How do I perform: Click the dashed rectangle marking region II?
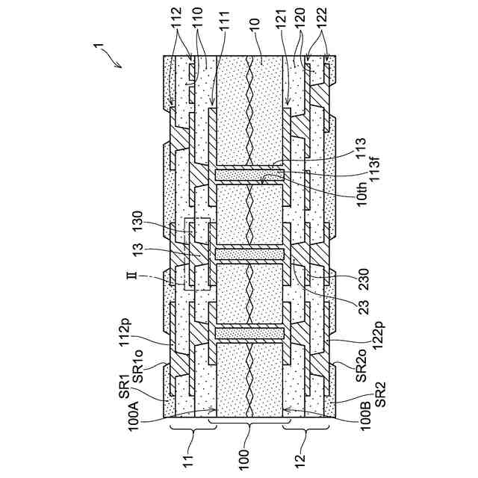[196, 254]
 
